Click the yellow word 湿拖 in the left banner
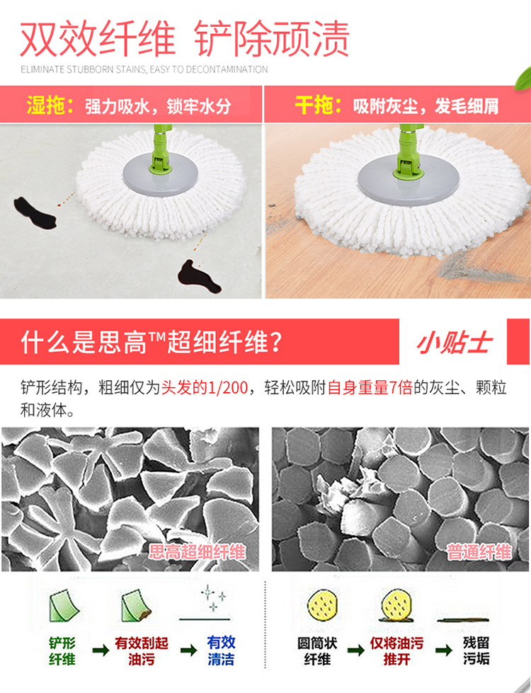click(x=46, y=105)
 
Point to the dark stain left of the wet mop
click(x=35, y=213)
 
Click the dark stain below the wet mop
click(x=198, y=277)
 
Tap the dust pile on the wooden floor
click(x=477, y=268)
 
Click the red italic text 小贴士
click(x=455, y=343)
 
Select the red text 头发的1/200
click(x=205, y=388)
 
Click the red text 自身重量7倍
click(x=370, y=388)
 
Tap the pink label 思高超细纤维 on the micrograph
click(x=197, y=551)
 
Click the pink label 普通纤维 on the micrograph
click(x=479, y=552)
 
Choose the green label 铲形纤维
click(x=62, y=651)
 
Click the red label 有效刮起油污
click(x=142, y=651)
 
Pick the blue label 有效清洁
click(x=221, y=651)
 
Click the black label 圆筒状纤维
click(x=317, y=651)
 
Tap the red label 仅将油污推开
click(x=396, y=651)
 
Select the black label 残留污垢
click(x=476, y=651)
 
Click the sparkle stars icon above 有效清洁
click(x=214, y=598)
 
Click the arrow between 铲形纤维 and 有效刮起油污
click(x=101, y=650)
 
